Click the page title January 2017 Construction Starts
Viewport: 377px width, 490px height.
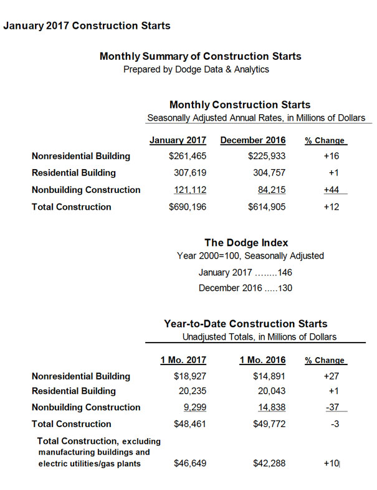pos(87,26)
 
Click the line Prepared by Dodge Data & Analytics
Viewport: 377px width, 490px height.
pos(196,69)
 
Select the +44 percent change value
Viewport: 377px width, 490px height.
pos(328,190)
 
